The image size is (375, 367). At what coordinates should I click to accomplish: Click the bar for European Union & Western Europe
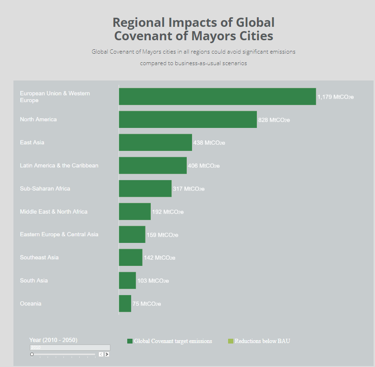(217, 96)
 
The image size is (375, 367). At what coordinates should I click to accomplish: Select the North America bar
(188, 119)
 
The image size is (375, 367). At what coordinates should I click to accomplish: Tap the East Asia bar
(155, 142)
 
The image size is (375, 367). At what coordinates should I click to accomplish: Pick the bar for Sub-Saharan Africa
(145, 188)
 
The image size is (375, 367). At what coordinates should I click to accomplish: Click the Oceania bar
(125, 303)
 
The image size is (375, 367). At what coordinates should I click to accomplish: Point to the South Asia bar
(127, 280)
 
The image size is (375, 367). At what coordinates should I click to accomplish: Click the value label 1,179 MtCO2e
(335, 97)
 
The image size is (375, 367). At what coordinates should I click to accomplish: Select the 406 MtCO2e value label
(204, 166)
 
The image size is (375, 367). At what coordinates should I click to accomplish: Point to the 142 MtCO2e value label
(159, 258)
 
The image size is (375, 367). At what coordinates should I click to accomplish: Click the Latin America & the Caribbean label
(59, 165)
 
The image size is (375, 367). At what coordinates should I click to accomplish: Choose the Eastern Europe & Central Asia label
(59, 234)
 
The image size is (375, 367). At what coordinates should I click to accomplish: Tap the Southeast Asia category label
(39, 257)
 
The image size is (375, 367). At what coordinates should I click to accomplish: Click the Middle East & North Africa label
(54, 211)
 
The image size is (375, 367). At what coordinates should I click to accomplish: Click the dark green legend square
(130, 341)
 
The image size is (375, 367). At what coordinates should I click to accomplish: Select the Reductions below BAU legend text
(262, 341)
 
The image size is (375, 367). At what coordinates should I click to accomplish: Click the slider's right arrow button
(107, 354)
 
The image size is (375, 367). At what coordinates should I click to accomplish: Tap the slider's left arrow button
(101, 354)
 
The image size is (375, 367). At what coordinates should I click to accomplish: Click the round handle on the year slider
(32, 354)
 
